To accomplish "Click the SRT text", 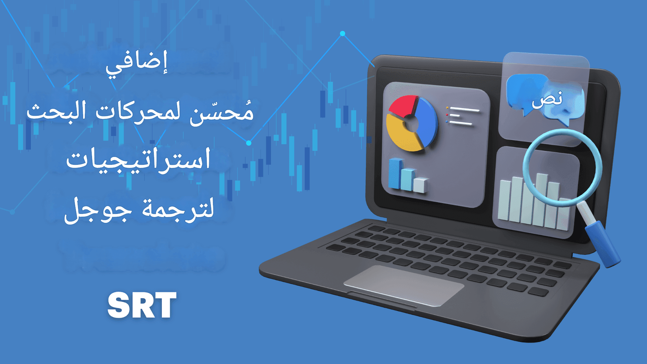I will point(142,305).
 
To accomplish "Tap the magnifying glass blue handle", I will point(603,244).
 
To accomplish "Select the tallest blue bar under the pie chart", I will point(395,173).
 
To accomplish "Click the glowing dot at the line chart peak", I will point(342,34).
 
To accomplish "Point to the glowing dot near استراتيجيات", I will point(249,143).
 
